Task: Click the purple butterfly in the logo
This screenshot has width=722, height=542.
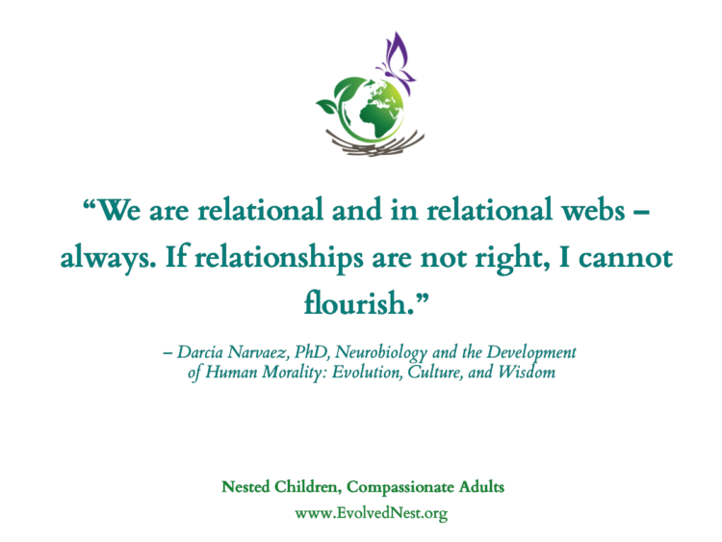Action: point(397,60)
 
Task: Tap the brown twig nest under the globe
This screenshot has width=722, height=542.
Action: point(374,142)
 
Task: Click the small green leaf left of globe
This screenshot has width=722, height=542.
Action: point(328,106)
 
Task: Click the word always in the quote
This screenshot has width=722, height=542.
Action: point(108,259)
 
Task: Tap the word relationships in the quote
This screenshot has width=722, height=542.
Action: point(279,259)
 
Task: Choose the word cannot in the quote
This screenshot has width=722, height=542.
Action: point(626,258)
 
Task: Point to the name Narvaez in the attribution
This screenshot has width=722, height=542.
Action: point(258,352)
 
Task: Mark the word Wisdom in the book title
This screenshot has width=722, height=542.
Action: point(527,372)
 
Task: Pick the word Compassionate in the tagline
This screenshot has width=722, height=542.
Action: point(400,488)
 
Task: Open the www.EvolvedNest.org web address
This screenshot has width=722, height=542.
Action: point(372,513)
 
